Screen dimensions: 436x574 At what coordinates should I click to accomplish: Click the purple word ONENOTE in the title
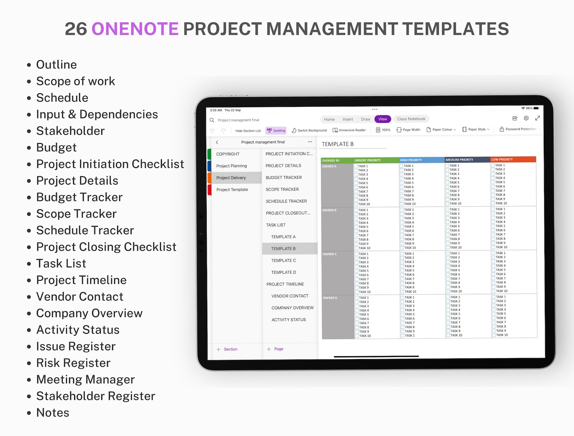[135, 29]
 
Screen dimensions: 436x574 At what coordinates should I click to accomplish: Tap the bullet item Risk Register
[73, 363]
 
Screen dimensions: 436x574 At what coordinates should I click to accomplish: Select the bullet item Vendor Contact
[80, 297]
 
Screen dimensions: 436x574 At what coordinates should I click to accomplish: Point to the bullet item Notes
[52, 413]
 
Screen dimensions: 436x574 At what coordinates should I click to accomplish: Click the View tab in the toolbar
[382, 119]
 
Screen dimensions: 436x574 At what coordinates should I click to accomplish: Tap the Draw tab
[365, 119]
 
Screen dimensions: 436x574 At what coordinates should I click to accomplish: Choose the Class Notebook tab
[411, 119]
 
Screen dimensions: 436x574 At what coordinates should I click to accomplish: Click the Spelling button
[276, 130]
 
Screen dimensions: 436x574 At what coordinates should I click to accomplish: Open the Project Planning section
[231, 166]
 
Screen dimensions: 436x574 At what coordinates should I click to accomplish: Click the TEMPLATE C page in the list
[283, 260]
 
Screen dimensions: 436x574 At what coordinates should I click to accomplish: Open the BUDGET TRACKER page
[283, 177]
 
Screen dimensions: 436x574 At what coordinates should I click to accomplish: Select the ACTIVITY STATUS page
[288, 320]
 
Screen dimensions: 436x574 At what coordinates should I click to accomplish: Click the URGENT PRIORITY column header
[367, 160]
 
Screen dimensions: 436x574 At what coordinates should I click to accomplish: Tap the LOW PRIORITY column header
[502, 159]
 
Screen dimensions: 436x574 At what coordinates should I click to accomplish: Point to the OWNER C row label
[329, 254]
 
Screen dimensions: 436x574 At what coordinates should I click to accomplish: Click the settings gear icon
[526, 118]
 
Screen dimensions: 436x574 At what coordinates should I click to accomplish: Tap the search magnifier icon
[212, 120]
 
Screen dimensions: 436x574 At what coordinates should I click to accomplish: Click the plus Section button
[227, 349]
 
